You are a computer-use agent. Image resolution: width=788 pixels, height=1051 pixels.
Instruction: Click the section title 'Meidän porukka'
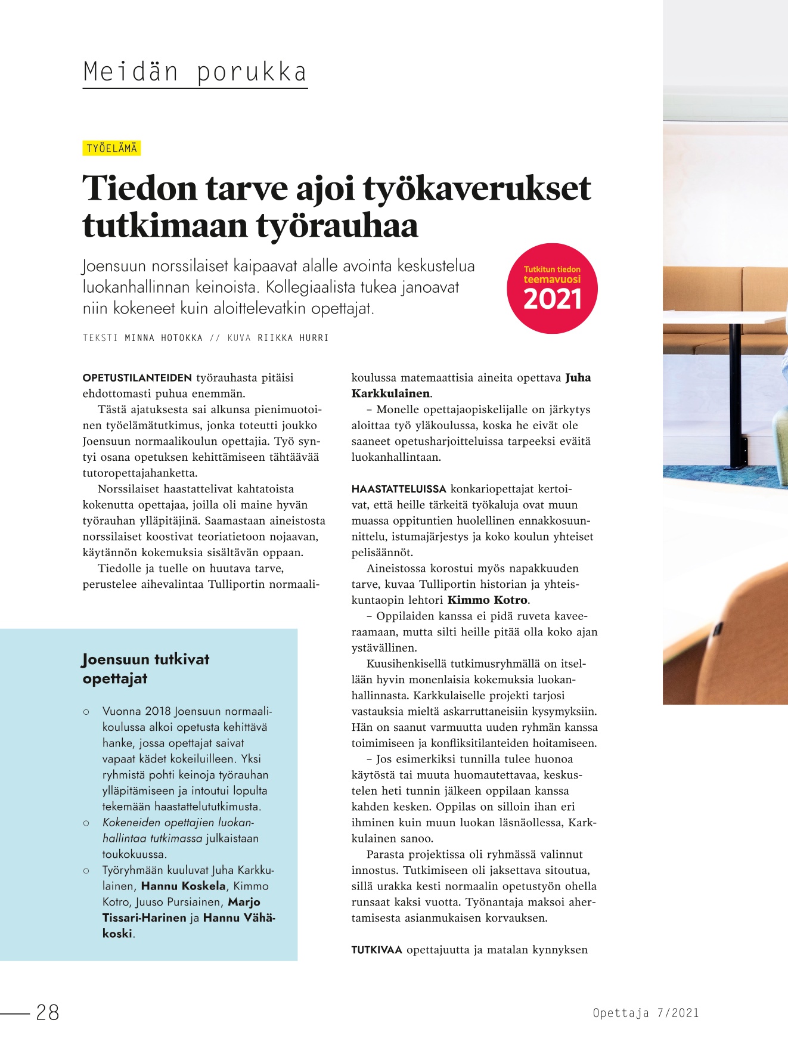coord(195,72)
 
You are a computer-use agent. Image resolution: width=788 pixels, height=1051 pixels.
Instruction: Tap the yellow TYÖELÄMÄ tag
coord(111,148)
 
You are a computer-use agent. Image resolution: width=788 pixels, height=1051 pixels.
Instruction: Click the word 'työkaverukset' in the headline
coord(476,188)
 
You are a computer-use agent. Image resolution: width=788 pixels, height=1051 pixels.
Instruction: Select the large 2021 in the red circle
coord(552,299)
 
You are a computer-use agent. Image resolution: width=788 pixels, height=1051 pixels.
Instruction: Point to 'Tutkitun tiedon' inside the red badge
coord(552,269)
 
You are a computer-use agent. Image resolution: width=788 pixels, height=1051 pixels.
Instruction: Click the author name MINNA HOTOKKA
coord(164,338)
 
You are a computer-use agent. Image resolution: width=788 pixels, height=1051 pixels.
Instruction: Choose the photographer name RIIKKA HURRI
coord(293,338)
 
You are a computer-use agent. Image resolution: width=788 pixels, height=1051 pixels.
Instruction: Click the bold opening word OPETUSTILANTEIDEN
coord(137,378)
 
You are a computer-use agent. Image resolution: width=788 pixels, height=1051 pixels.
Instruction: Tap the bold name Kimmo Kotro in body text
coord(487,600)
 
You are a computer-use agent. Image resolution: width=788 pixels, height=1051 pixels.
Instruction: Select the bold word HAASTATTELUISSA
coord(399,489)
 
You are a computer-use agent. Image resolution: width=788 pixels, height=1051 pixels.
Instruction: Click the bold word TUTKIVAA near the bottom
coord(377,950)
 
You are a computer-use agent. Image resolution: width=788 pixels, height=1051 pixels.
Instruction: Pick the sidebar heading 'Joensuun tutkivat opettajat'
coord(145,669)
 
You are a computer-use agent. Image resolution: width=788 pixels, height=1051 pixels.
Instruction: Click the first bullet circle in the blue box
coord(87,712)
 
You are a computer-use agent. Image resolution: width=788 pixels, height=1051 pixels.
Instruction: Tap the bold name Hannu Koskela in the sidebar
coord(184,886)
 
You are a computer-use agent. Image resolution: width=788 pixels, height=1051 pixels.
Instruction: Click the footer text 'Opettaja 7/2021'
coord(646,1013)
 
